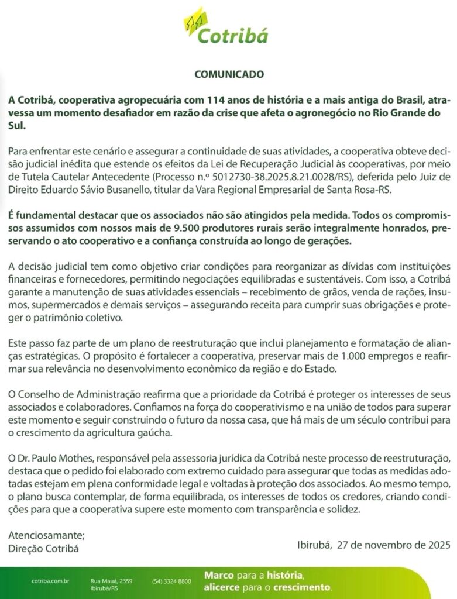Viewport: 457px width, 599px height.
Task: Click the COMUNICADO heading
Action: click(229, 74)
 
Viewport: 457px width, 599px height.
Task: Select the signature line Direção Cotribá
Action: click(43, 548)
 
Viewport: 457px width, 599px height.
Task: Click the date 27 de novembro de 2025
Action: click(391, 545)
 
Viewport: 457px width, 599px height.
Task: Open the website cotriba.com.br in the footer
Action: click(50, 581)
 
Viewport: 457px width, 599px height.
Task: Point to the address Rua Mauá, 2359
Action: click(111, 581)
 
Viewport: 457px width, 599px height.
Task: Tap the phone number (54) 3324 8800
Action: click(171, 581)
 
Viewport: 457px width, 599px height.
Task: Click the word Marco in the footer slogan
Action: click(219, 576)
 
